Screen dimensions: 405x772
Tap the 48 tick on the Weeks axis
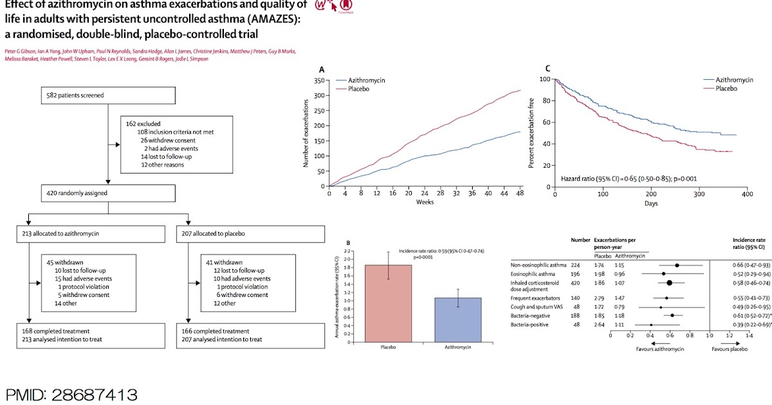click(520, 194)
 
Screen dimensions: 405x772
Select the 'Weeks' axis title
click(424, 202)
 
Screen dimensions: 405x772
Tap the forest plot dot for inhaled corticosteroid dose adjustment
click(669, 282)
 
